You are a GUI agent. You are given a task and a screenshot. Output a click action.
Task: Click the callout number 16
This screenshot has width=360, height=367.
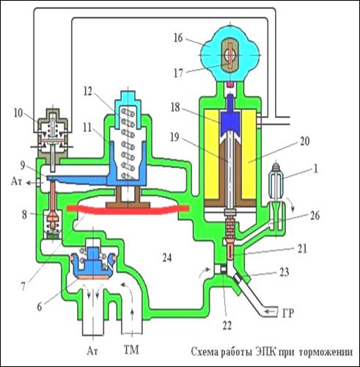[178, 38]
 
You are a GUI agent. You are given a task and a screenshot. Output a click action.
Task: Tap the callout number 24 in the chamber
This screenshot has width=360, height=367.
[167, 258]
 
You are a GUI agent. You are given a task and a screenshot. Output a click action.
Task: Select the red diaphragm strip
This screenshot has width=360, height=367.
[128, 210]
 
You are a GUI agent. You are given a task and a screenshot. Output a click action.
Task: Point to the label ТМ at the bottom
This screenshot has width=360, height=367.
[131, 349]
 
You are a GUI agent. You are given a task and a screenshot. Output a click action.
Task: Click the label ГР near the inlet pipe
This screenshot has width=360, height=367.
[287, 313]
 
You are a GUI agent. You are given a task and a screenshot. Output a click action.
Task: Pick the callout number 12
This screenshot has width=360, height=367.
[87, 91]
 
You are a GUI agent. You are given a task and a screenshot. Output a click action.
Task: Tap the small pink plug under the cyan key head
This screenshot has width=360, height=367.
[230, 84]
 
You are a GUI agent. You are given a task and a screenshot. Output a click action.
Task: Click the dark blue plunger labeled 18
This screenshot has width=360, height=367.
[230, 117]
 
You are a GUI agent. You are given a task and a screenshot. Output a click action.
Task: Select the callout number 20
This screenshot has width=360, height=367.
[304, 141]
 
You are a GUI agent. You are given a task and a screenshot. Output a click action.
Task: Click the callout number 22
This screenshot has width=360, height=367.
[227, 325]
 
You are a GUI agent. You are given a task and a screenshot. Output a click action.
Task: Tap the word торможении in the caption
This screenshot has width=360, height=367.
[326, 352]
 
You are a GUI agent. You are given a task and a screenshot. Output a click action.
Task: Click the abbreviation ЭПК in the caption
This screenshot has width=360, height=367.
[265, 352]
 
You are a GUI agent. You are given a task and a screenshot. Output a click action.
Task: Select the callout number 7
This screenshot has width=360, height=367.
[23, 287]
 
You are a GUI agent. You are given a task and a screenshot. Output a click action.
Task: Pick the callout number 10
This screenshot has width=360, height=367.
[18, 113]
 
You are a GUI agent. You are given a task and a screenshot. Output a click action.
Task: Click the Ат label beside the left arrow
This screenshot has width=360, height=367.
[16, 181]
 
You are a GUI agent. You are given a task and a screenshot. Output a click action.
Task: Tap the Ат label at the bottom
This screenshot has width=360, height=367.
[92, 351]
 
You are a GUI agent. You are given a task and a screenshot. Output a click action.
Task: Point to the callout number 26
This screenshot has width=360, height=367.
[315, 216]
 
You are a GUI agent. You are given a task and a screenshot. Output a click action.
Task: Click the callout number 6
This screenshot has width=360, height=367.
[40, 307]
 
